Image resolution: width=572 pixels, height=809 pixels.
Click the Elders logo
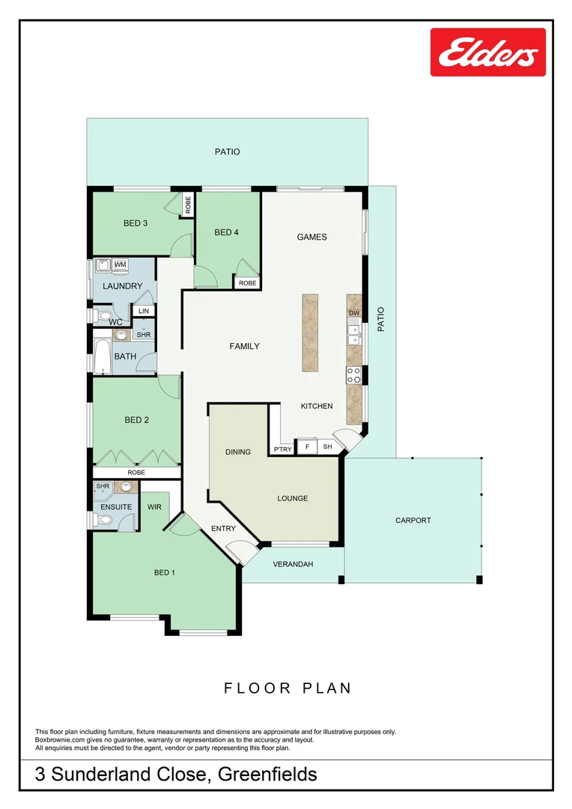point(487,52)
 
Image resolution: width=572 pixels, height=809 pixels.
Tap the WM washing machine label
point(120,265)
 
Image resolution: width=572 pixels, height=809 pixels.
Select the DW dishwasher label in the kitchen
point(354,313)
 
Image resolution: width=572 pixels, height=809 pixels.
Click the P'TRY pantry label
point(282,449)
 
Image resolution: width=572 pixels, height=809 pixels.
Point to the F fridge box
point(306,447)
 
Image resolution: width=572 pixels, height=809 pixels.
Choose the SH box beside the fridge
point(327,447)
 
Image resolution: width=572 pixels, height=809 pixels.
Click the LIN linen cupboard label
point(143,311)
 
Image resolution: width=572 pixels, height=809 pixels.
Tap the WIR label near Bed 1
point(154,507)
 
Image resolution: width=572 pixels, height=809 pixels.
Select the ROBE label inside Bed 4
point(247,283)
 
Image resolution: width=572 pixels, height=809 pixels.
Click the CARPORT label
point(413,520)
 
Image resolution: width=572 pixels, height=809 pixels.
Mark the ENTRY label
point(223,529)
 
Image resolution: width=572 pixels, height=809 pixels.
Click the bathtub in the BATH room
point(102,357)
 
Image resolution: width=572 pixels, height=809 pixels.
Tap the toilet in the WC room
point(103,315)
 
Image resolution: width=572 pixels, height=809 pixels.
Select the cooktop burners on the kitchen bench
point(353,375)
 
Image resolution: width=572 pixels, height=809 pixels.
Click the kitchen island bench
point(310,332)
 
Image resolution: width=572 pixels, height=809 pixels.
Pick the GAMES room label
point(311,237)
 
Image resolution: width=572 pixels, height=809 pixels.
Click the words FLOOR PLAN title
point(287,688)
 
